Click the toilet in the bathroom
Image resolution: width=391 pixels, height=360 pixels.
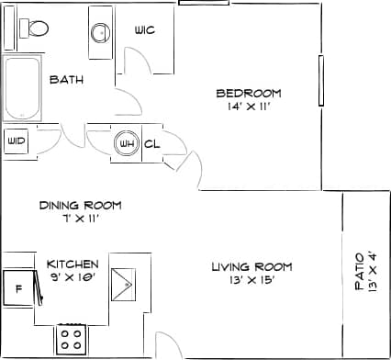point(35,28)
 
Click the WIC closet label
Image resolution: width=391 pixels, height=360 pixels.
point(144,30)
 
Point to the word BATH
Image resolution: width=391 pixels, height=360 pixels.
point(67,80)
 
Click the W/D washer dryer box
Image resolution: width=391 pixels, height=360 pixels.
point(16,141)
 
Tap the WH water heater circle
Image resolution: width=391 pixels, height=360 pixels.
point(126,143)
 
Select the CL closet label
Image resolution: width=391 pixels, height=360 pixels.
point(152,143)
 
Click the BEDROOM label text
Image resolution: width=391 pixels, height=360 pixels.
point(248,93)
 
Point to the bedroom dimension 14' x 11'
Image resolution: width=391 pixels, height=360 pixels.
point(248,107)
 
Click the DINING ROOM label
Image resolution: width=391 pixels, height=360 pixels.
point(80,206)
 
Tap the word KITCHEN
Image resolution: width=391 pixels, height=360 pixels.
point(73,264)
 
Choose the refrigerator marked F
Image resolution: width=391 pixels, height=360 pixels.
point(18,287)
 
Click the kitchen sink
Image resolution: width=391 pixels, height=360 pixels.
point(124,285)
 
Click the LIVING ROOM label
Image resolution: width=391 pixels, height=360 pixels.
point(251,267)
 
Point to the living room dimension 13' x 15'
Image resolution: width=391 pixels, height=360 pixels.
point(251,281)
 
